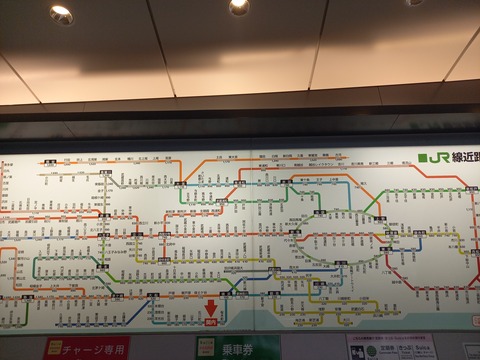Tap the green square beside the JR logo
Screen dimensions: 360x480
[424, 158]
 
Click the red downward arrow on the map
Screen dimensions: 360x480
[211, 307]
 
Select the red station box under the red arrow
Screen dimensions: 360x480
[211, 322]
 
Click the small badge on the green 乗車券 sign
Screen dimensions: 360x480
[206, 348]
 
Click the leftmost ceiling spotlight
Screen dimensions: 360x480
[61, 14]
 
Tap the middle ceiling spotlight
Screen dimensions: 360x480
[238, 6]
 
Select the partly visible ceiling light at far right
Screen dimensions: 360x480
[413, 2]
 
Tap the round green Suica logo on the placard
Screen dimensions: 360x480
[371, 351]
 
